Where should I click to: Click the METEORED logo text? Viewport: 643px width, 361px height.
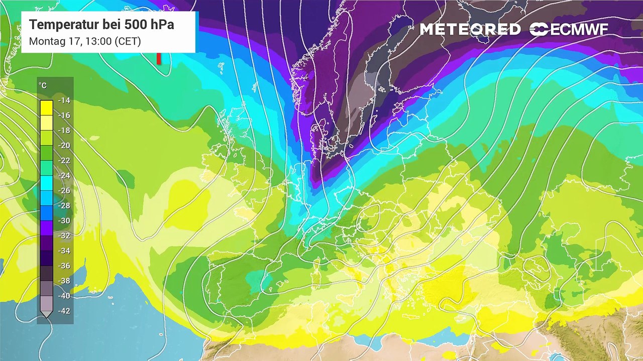470,30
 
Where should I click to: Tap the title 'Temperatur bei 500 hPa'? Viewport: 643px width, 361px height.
101,25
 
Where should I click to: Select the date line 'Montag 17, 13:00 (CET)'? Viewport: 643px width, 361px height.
85,41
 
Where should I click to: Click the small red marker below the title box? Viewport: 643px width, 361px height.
159,58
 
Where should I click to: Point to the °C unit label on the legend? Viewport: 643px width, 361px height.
43,86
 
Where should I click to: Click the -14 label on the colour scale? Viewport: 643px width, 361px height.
64,100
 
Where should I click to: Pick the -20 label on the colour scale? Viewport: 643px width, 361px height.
64,145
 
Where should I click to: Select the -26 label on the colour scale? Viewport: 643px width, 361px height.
64,191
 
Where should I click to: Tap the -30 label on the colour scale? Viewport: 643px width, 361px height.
64,221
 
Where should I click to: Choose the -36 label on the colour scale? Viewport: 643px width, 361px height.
64,266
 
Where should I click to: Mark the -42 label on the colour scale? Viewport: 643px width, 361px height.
64,311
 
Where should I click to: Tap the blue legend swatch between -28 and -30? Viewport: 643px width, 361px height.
46,213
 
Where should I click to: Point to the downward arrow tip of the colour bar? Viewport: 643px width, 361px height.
46,315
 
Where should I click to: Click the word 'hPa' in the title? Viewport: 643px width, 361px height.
160,25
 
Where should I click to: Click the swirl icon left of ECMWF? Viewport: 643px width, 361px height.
539,30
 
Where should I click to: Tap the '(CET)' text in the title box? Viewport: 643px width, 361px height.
128,41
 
